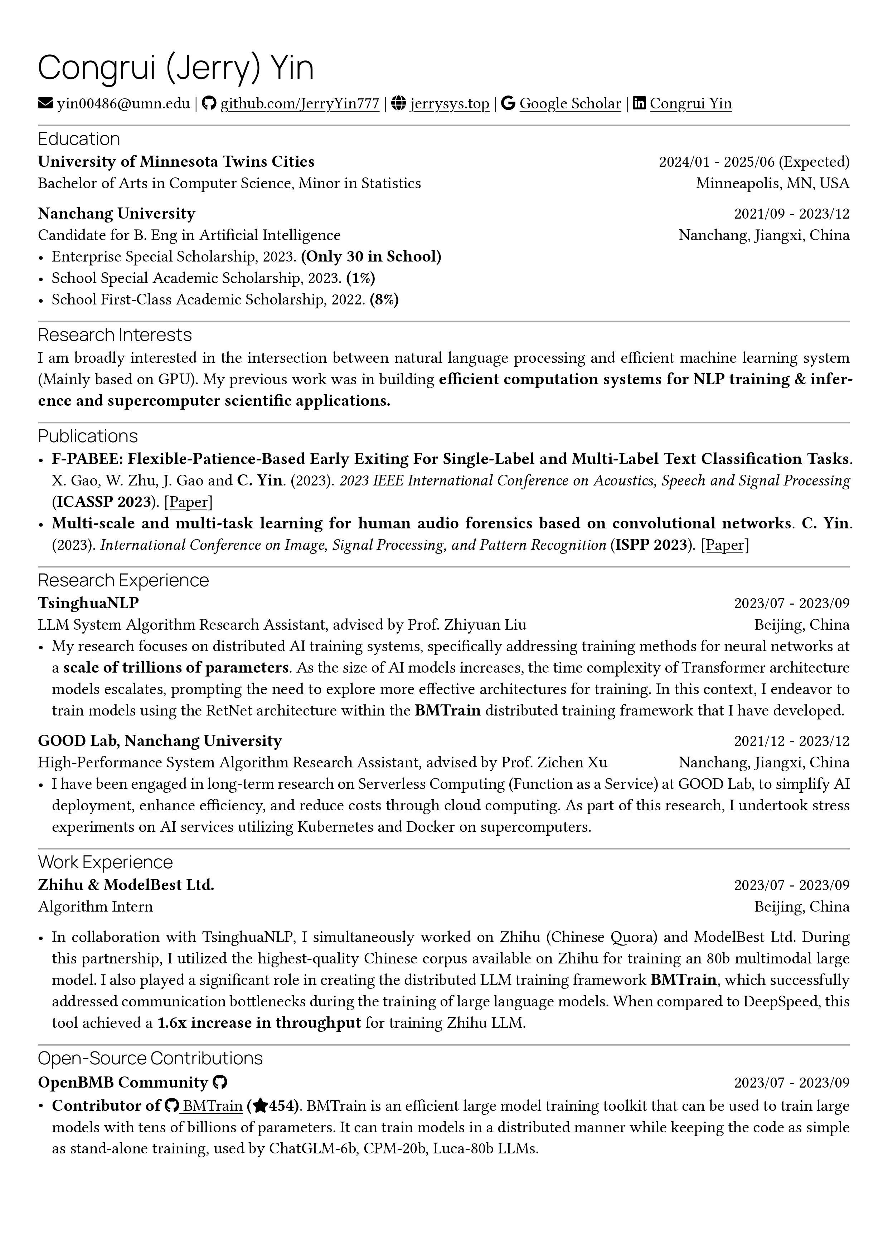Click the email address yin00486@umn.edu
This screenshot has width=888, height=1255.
(123, 103)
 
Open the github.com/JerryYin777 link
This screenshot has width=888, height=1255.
(299, 103)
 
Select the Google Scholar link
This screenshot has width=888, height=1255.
(570, 103)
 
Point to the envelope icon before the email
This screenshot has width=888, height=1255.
(45, 103)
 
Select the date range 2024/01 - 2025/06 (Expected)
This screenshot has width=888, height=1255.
(754, 162)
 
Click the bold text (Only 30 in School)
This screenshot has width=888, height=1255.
(371, 257)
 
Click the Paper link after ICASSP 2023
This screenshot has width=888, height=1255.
(188, 502)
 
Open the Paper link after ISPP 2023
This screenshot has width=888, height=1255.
(724, 545)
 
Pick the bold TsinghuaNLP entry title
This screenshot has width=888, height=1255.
(88, 603)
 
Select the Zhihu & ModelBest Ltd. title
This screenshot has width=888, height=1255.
(126, 885)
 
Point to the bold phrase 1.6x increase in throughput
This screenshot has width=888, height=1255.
(259, 1023)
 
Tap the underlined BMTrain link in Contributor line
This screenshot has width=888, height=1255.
(212, 1106)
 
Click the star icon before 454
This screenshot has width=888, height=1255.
(260, 1106)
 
